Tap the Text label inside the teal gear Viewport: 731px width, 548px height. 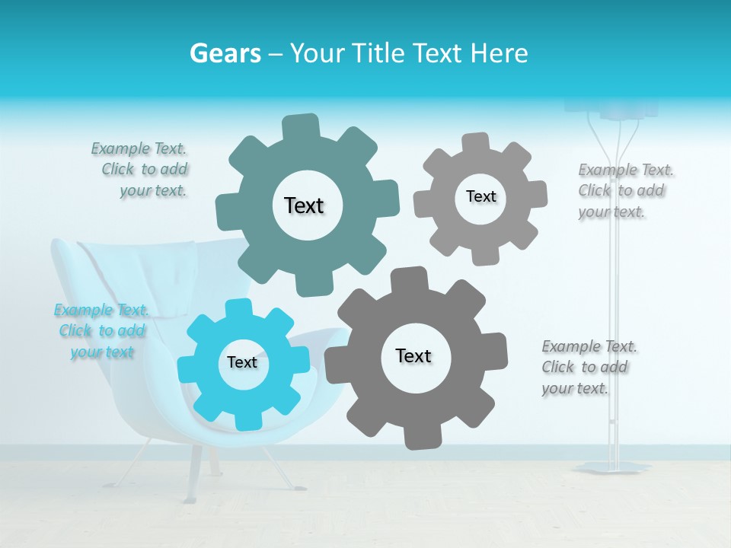305,205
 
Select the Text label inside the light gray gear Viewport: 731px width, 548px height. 481,196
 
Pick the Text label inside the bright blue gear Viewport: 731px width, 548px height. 242,362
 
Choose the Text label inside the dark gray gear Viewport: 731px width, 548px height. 413,355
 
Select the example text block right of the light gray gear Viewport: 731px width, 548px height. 624,190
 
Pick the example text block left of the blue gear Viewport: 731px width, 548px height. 101,330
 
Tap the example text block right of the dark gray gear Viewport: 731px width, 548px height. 588,367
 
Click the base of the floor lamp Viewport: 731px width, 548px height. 613,466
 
